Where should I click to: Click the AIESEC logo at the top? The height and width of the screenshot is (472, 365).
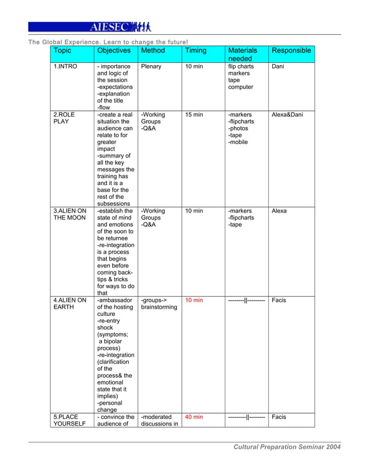120,27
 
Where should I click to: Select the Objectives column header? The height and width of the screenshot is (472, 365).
114,51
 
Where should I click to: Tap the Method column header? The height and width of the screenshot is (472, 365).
153,51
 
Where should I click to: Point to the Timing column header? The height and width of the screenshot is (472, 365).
195,51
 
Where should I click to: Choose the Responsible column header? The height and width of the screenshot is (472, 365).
291,51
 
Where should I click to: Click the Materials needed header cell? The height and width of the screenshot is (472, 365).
243,54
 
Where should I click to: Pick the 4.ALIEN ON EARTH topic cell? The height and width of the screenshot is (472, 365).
69,303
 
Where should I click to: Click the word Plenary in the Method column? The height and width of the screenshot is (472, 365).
151,67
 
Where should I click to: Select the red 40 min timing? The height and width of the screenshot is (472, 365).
193,417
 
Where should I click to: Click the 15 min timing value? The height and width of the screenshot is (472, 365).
193,115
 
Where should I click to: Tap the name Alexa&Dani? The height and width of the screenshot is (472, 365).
287,115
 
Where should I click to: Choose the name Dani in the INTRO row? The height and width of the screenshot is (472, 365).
278,67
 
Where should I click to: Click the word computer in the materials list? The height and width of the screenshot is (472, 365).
240,87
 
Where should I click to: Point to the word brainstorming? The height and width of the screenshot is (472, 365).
159,307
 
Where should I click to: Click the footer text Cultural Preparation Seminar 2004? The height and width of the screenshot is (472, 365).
287,447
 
